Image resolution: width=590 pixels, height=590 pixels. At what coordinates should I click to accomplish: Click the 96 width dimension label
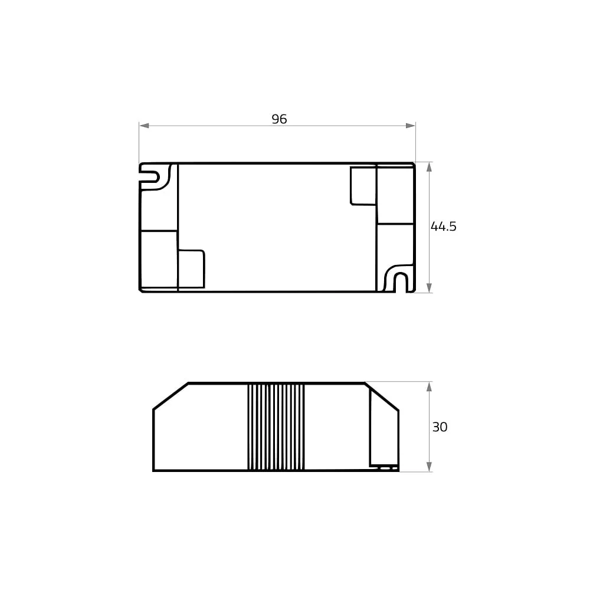pyautogui.click(x=279, y=119)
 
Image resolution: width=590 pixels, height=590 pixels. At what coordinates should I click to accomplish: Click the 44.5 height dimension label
pyautogui.click(x=443, y=227)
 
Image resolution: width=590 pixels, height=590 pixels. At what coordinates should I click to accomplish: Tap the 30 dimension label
pyautogui.click(x=440, y=427)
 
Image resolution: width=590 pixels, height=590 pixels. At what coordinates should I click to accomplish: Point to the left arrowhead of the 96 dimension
pyautogui.click(x=144, y=126)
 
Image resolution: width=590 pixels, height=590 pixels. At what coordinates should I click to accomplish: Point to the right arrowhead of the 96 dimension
pyautogui.click(x=411, y=126)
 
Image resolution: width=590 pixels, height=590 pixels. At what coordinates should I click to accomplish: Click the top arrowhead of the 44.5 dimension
pyautogui.click(x=430, y=167)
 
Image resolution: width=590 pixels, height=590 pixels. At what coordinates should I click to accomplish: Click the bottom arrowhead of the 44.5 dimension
pyautogui.click(x=430, y=287)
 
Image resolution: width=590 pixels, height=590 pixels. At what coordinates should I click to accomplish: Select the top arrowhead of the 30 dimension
pyautogui.click(x=430, y=387)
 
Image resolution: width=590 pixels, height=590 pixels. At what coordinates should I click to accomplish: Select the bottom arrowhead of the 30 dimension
pyautogui.click(x=430, y=467)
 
